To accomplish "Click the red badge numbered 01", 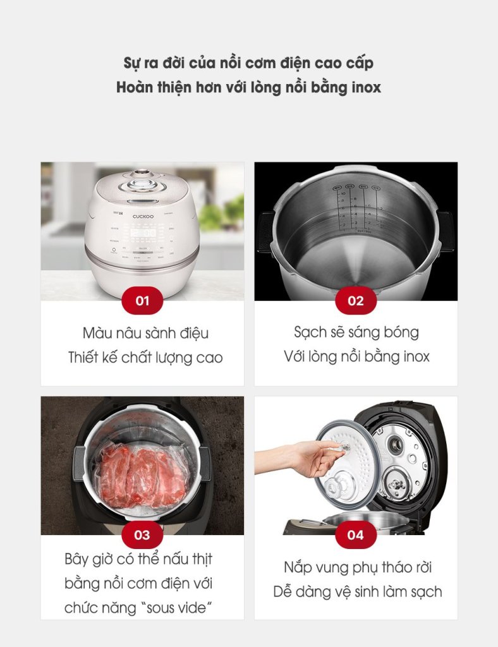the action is point(142,300).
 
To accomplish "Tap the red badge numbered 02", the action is point(356,300).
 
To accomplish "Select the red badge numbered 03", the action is point(142,535).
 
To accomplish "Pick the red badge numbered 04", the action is point(356,535).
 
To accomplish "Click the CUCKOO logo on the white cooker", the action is point(143,216).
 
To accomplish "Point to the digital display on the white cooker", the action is point(143,233).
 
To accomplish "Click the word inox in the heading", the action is point(366,87).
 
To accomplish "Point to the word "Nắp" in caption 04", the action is point(297,568).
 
